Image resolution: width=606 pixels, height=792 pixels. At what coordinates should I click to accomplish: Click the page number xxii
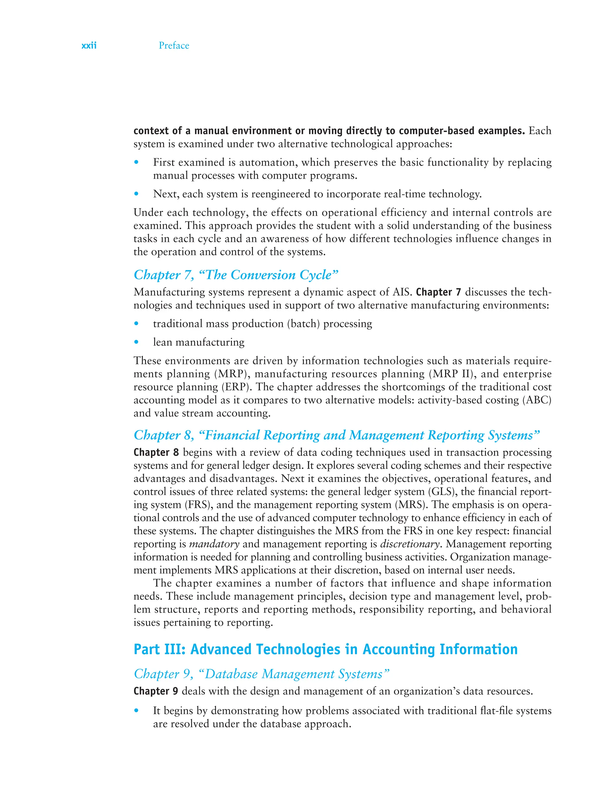(89, 46)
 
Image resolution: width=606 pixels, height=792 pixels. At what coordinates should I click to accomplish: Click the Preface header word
(174, 46)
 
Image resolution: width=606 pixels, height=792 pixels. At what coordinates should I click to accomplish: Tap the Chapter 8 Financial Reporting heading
(336, 435)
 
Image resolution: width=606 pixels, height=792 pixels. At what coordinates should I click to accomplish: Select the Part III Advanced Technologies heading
(325, 649)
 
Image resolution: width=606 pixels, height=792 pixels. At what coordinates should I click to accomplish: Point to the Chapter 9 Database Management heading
(262, 674)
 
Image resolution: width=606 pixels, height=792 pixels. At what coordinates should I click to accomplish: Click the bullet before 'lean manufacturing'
(136, 342)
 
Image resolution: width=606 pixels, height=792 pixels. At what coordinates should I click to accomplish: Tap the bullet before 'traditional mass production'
(136, 323)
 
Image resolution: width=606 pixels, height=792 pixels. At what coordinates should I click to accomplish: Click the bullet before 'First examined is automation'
(136, 162)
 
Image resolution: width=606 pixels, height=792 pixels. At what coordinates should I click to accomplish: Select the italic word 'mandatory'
(214, 544)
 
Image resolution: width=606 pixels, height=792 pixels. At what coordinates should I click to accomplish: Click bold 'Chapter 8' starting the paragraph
(156, 452)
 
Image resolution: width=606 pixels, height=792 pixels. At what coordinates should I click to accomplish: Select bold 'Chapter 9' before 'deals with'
(156, 691)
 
